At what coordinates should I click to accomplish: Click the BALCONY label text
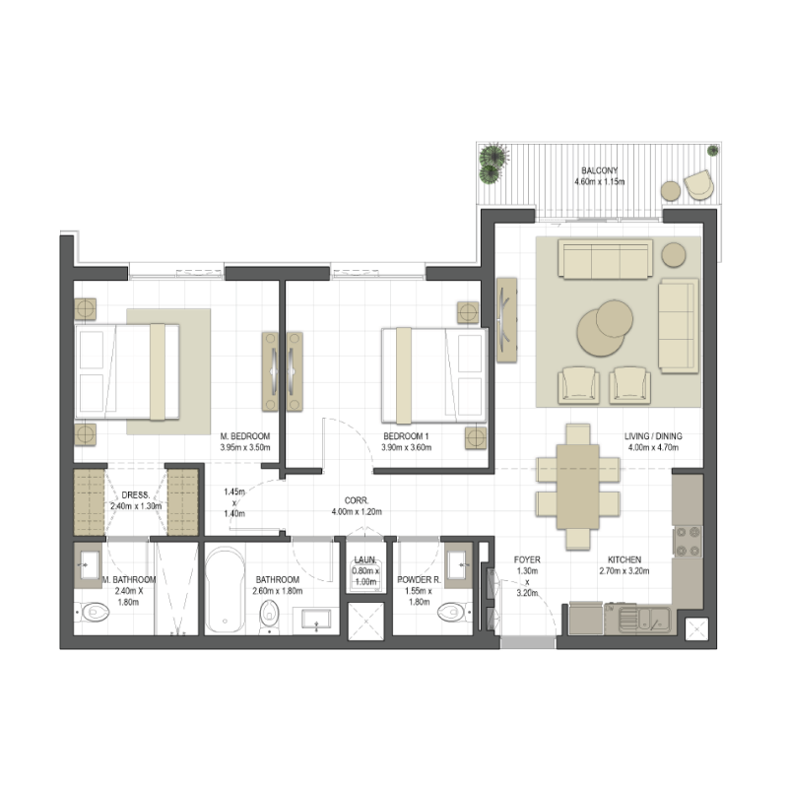[599, 169]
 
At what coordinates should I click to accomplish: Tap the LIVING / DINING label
[654, 436]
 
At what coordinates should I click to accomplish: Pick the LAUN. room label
[365, 559]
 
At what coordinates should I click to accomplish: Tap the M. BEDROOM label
[244, 435]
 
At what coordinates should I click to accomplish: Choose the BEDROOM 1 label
[407, 435]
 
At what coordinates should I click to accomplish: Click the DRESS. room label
[135, 495]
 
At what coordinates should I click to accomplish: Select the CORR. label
[356, 499]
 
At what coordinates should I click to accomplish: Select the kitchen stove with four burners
[687, 541]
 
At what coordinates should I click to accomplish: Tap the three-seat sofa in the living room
[605, 260]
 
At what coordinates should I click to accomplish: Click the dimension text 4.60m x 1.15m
[599, 182]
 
